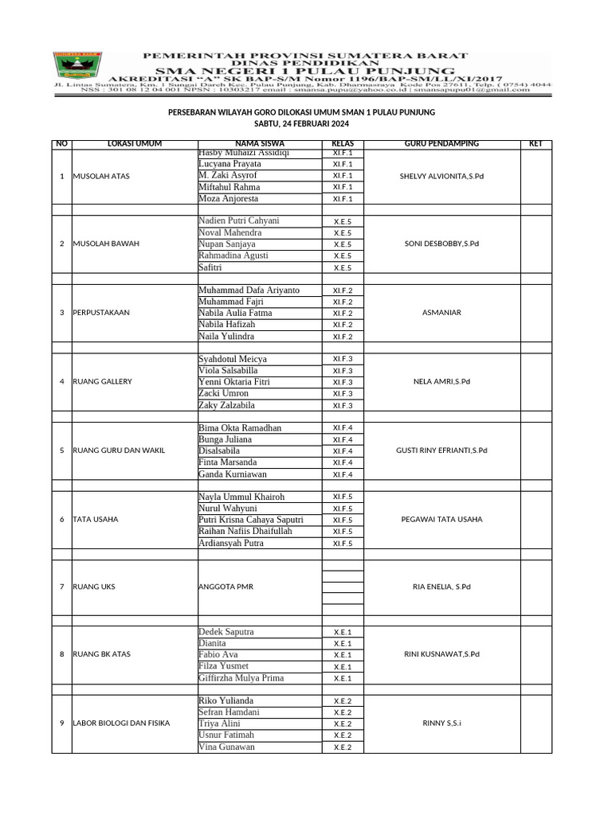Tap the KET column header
click(x=535, y=144)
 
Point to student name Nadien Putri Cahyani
click(x=238, y=220)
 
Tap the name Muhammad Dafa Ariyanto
click(x=249, y=291)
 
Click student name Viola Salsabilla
click(x=228, y=371)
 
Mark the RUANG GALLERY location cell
click(x=102, y=381)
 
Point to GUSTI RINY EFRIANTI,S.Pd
click(x=441, y=450)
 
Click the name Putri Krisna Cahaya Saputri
click(x=250, y=520)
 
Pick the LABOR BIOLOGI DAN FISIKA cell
click(x=120, y=723)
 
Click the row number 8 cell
click(x=61, y=654)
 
